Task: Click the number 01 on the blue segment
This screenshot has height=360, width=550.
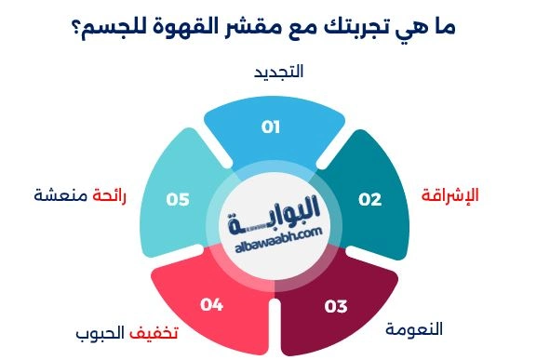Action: point(271,127)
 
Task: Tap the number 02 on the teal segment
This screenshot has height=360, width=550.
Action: point(370,199)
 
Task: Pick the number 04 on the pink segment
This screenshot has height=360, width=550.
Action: point(212,303)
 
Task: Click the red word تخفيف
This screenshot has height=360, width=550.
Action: point(152,332)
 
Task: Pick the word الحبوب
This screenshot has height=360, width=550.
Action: point(98,332)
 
